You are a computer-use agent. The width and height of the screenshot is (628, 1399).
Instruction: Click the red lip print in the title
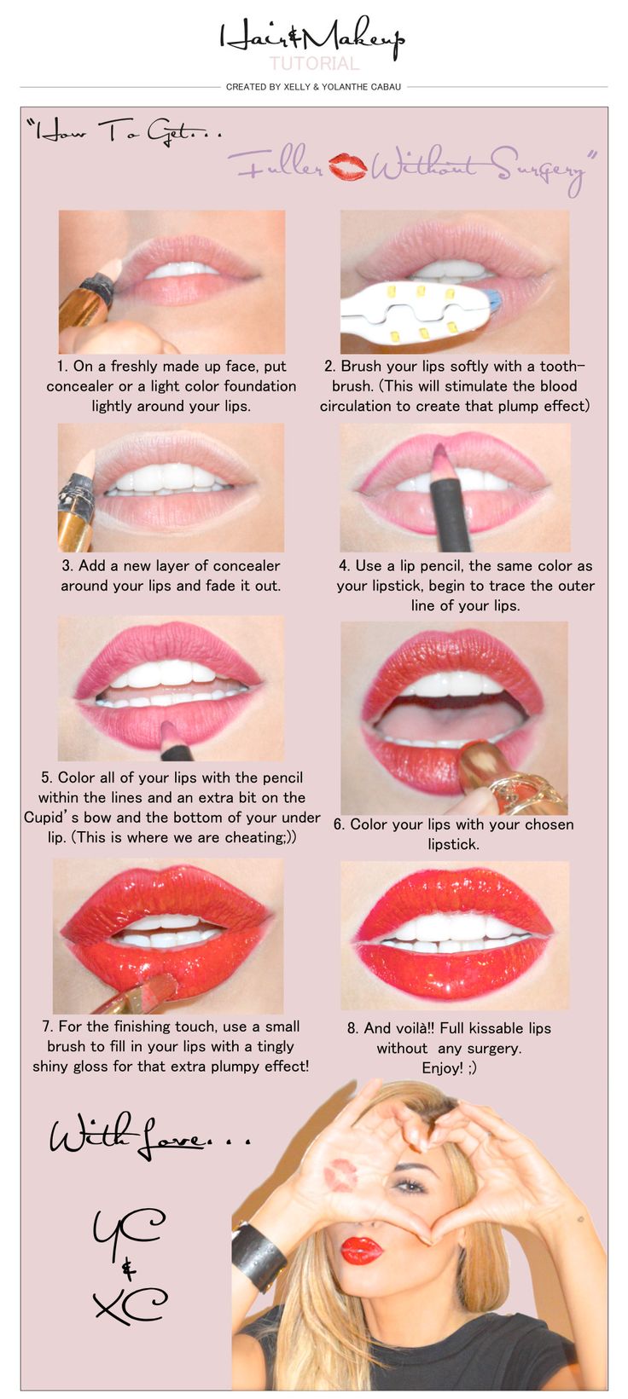[x=347, y=166]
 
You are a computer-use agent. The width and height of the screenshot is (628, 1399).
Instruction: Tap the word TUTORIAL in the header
[x=314, y=63]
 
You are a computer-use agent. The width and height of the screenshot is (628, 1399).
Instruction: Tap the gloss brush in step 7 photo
[x=134, y=994]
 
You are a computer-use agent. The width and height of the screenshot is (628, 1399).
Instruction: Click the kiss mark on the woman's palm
[x=340, y=1175]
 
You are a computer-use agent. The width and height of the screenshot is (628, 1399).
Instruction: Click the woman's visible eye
[x=410, y=1185]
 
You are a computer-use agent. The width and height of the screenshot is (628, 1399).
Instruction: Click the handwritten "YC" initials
[x=128, y=1227]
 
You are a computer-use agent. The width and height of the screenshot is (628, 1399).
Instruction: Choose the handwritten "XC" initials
[x=130, y=1303]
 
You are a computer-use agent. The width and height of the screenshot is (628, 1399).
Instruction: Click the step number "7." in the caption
[x=48, y=1026]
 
